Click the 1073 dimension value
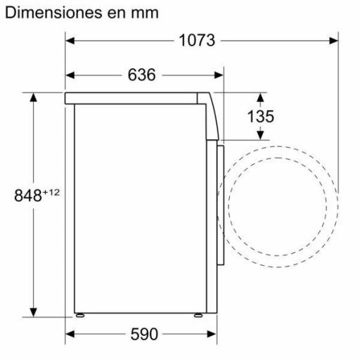(195, 41)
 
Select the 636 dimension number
(141, 75)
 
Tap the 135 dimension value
(260, 116)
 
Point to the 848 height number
(28, 196)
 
